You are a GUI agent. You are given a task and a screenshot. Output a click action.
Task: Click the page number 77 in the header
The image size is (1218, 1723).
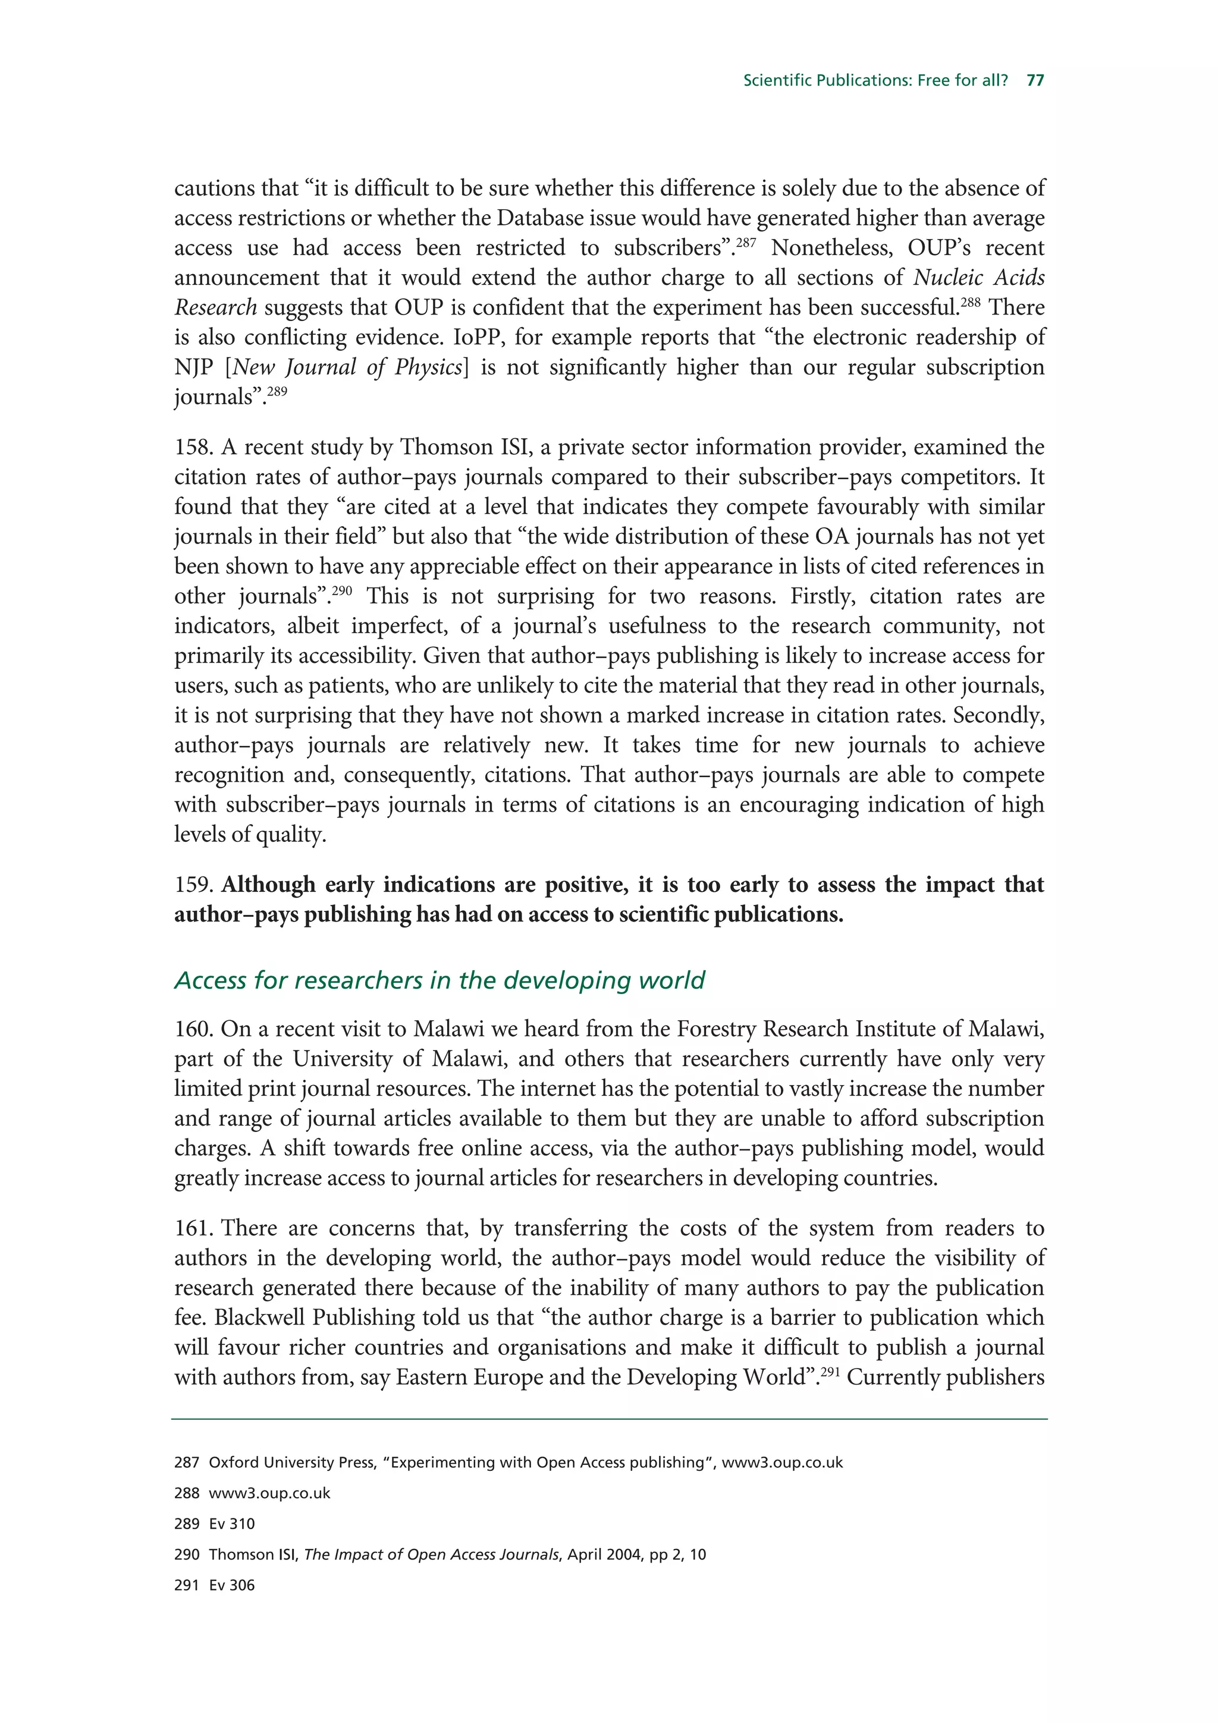(x=1035, y=80)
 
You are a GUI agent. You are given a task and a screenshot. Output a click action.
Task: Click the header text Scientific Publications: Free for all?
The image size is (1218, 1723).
(x=875, y=80)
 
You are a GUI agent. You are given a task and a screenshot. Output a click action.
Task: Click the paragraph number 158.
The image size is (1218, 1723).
(x=194, y=447)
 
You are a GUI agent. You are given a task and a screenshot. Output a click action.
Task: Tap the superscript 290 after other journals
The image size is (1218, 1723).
(x=341, y=590)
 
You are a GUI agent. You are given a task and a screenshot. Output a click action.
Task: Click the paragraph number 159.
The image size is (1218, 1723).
(x=194, y=885)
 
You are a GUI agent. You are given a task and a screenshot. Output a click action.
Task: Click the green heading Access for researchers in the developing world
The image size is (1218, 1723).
(x=439, y=980)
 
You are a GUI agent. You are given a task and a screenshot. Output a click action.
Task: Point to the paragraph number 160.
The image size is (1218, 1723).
(x=194, y=1029)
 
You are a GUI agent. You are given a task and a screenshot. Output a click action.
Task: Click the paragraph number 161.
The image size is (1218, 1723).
(x=194, y=1228)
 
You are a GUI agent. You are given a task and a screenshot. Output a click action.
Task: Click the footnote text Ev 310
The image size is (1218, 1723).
(x=232, y=1524)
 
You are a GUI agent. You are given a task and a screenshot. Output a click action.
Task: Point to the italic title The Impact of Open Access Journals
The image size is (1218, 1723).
(x=432, y=1555)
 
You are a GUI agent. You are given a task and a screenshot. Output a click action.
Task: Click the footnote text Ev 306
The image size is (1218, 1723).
(x=232, y=1586)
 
